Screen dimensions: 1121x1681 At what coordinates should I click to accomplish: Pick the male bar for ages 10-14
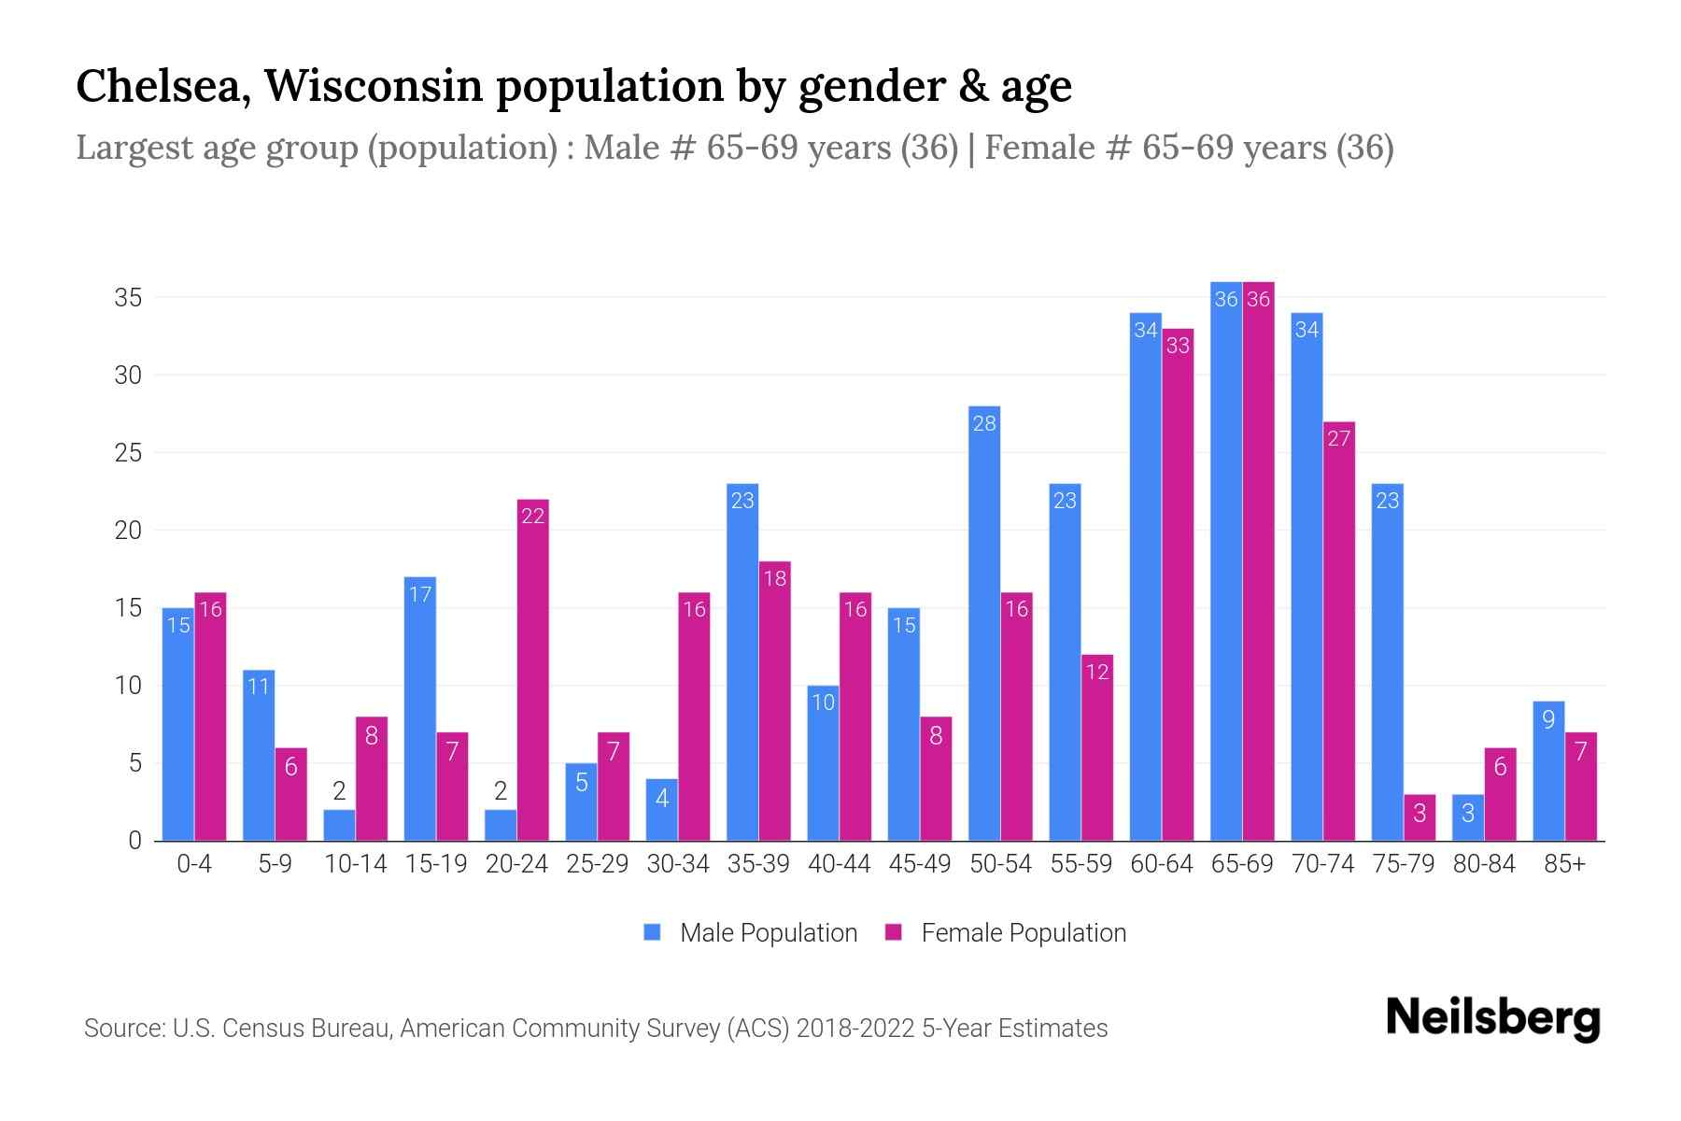339,826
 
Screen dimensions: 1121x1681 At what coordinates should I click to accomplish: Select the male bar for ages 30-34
661,810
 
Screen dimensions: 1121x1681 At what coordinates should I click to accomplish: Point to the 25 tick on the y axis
128,453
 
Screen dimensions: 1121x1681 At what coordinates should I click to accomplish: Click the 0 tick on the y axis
134,841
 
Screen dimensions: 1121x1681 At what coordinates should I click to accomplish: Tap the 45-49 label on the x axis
919,864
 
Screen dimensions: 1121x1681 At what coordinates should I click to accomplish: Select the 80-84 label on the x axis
1483,864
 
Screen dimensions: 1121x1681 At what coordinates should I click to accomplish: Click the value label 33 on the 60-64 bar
1178,346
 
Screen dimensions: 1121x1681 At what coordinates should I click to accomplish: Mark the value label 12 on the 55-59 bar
1096,672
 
